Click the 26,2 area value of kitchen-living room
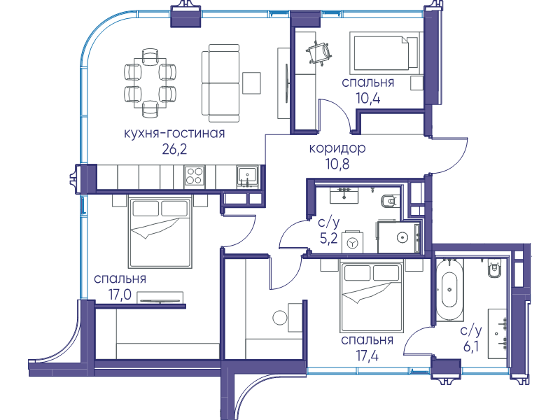(174, 149)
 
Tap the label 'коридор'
(337, 148)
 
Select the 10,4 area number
(368, 98)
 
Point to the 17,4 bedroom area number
(367, 356)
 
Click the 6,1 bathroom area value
(470, 346)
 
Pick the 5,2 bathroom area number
(328, 238)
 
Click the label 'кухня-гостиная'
(174, 133)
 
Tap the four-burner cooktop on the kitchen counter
(195, 176)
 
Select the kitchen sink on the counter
(248, 176)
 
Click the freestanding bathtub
(449, 289)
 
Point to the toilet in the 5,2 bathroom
(388, 202)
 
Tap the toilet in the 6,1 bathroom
(495, 269)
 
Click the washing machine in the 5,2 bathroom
(353, 242)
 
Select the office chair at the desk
(319, 52)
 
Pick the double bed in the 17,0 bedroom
(160, 233)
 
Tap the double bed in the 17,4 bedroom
(372, 297)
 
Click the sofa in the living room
(220, 83)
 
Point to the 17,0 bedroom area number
(120, 295)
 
